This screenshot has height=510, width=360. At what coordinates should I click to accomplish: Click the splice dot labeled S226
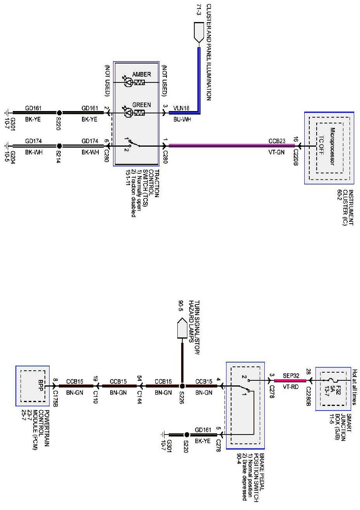182,386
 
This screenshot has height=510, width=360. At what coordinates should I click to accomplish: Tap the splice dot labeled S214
59,146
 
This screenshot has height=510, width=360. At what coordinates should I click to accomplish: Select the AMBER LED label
141,74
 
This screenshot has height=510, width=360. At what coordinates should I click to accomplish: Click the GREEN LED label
141,105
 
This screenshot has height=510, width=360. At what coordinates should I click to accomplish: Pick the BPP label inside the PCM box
41,385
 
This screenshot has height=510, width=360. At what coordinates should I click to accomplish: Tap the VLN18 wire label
181,108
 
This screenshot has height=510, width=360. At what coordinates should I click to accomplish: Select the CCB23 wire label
277,141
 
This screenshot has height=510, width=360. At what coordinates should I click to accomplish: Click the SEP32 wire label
291,376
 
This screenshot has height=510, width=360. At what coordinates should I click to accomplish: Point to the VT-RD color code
291,387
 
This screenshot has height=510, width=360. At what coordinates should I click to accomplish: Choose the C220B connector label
295,157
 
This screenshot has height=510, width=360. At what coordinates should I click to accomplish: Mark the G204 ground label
13,157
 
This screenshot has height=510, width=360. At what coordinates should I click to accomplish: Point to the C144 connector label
140,397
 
